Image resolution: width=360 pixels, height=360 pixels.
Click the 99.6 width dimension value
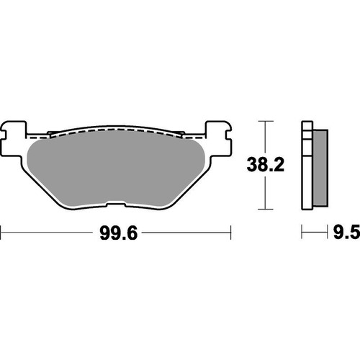click(x=115, y=233)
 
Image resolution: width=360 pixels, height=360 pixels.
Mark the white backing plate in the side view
click(x=305, y=166)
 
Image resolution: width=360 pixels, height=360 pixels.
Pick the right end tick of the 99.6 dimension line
click(x=230, y=233)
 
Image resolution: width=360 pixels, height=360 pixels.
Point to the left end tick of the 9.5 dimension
click(x=302, y=233)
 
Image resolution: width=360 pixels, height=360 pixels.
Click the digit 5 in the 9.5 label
click(x=354, y=233)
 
